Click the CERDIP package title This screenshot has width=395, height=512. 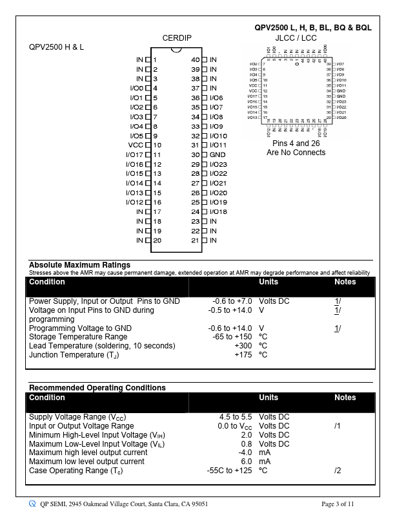pos(176,38)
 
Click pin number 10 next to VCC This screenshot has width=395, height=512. pos(157,145)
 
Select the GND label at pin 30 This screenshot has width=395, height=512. pos(218,155)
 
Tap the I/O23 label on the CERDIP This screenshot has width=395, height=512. pos(219,164)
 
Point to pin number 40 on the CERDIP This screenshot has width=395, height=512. pos(196,59)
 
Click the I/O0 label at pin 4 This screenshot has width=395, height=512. pos(136,88)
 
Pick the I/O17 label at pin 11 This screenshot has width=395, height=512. pos(134,155)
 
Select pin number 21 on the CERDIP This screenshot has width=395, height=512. pos(196,240)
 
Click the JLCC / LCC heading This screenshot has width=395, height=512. pos(296,38)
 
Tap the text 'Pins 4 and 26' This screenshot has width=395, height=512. pos(296,143)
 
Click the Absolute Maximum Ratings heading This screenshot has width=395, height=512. pos(79,265)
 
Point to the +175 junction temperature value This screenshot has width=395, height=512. pos(243,355)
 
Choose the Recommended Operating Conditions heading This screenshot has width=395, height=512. pos(97,388)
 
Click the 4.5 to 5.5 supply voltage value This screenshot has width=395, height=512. pos(236,417)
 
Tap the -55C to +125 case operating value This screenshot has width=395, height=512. pos(229,471)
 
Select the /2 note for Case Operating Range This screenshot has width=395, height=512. pos(338,471)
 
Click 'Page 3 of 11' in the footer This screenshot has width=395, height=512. pos(338,504)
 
